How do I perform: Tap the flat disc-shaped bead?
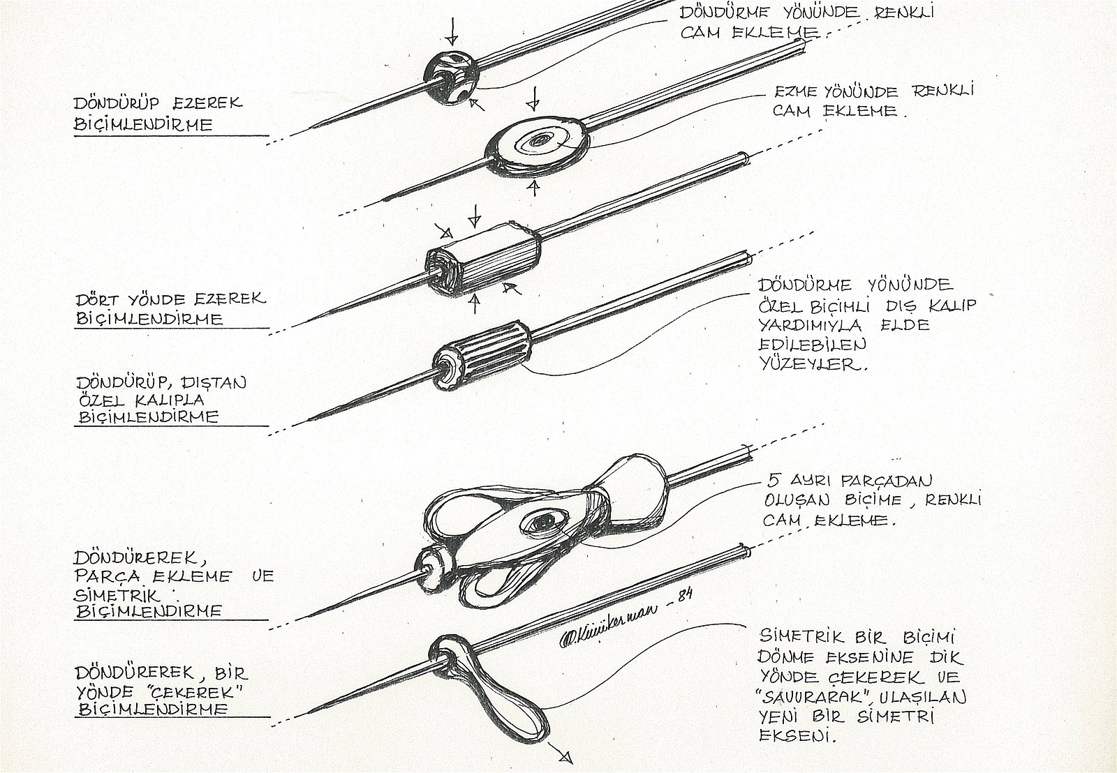click(537, 145)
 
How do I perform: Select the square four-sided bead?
click(482, 262)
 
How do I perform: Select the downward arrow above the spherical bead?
click(452, 31)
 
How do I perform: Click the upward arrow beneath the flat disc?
click(534, 188)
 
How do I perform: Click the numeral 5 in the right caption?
click(774, 480)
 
